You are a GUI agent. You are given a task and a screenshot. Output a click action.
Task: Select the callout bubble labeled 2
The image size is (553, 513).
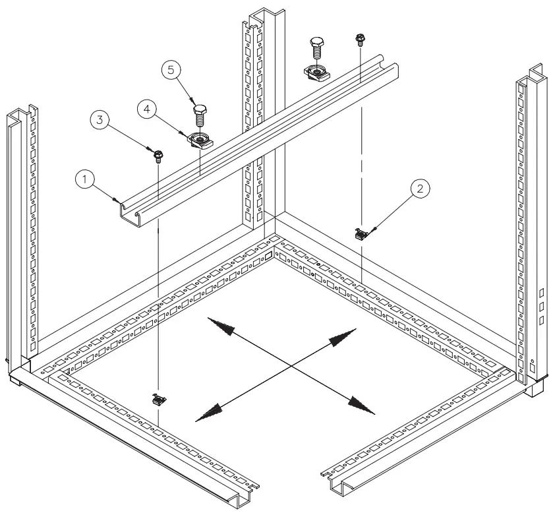[421, 187]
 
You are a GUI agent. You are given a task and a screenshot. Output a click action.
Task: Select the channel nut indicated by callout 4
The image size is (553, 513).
[198, 140]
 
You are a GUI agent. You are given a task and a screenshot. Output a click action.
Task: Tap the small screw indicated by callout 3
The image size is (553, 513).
[158, 155]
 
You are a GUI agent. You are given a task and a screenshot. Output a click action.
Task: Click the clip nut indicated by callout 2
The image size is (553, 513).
[360, 233]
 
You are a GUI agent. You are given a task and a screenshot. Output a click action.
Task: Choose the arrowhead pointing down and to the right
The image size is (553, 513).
[362, 404]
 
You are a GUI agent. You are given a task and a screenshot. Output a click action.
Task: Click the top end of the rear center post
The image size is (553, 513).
[258, 13]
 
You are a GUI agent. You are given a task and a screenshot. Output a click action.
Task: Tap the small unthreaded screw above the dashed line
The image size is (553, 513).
[360, 39]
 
